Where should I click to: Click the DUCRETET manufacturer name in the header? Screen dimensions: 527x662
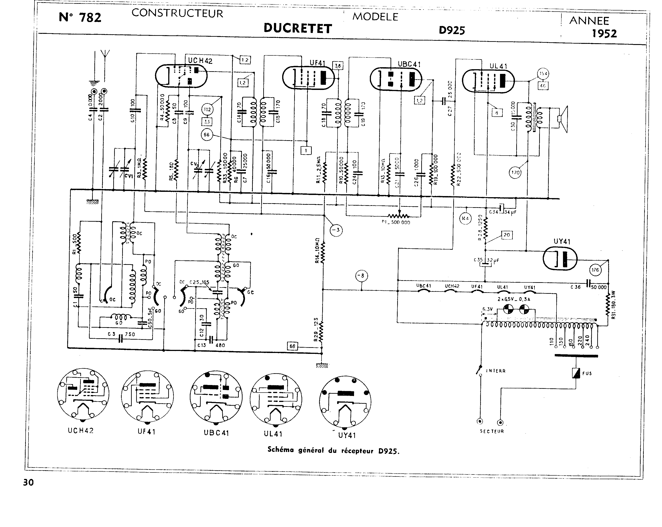pyautogui.click(x=298, y=28)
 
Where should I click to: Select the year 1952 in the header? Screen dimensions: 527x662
pyautogui.click(x=604, y=33)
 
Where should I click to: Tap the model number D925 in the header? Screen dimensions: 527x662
pyautogui.click(x=452, y=30)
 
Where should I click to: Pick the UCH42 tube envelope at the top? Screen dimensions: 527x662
pyautogui.click(x=181, y=75)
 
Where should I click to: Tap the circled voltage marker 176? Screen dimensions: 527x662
pyautogui.click(x=595, y=270)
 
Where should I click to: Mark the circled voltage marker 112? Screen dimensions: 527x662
pyautogui.click(x=208, y=109)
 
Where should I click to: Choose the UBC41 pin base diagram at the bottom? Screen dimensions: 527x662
pyautogui.click(x=216, y=398)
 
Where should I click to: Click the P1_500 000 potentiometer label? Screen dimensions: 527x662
pyautogui.click(x=396, y=222)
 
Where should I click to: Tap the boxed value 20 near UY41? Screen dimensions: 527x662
pyautogui.click(x=507, y=235)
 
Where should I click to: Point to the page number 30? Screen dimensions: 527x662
pyautogui.click(x=28, y=482)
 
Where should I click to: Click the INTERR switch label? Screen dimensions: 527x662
pyautogui.click(x=496, y=371)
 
